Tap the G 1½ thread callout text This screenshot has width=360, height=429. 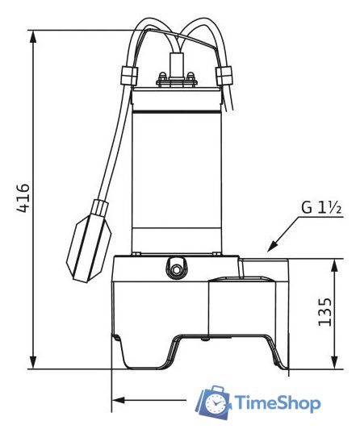[x=322, y=207]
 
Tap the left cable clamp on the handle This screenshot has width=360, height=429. [x=127, y=76]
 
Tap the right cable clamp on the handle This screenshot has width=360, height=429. [x=223, y=76]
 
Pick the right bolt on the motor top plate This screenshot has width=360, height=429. [x=191, y=79]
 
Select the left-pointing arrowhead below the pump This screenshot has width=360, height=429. [x=118, y=399]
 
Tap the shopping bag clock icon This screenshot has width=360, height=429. [x=216, y=402]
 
